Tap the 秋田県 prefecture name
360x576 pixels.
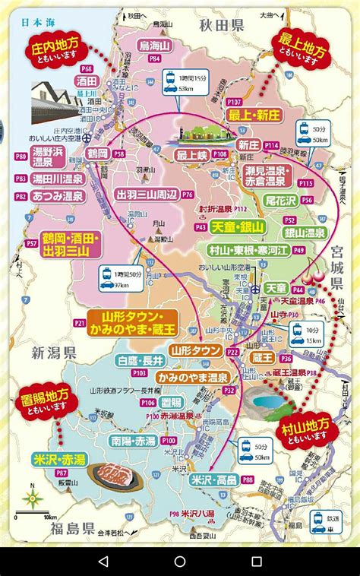pos(219,25)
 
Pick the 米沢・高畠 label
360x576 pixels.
pos(213,479)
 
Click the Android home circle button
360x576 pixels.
pos(180,562)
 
